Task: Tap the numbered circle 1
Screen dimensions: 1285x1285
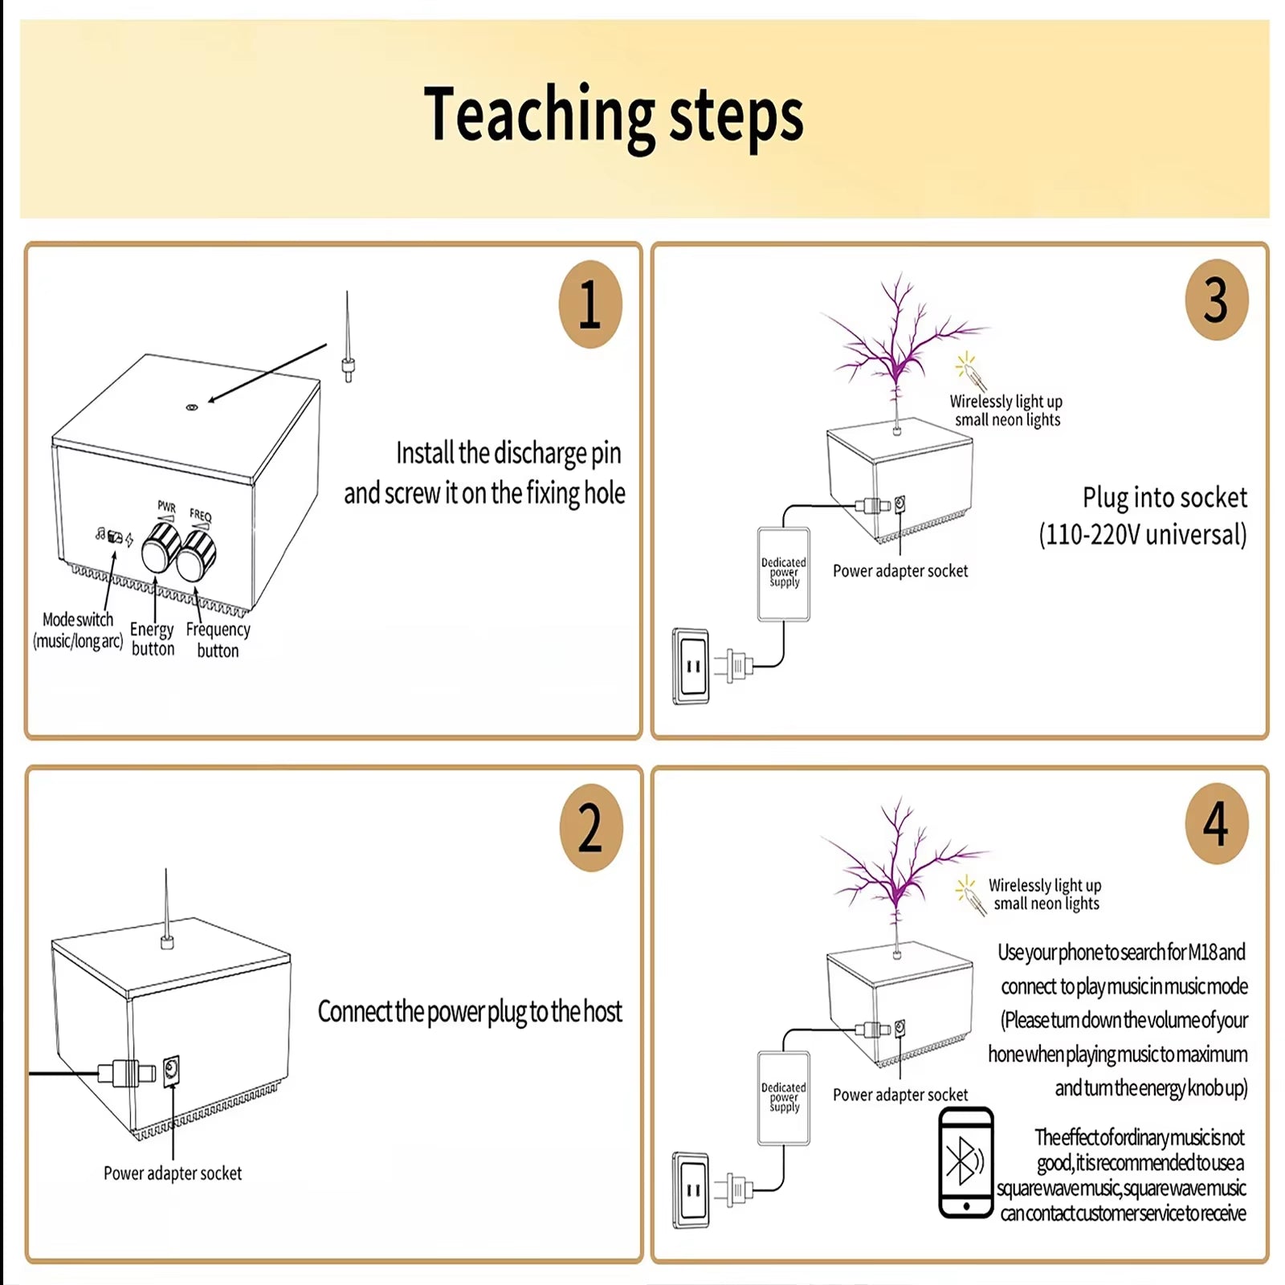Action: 590,304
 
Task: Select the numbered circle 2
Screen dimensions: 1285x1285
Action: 590,828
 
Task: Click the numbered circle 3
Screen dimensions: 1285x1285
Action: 1216,300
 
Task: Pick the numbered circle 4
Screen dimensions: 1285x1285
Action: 1216,824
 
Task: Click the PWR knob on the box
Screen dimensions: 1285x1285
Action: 161,549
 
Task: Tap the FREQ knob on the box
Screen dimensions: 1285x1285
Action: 197,555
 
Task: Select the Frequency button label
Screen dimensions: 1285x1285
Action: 218,639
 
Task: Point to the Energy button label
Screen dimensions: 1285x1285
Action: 152,638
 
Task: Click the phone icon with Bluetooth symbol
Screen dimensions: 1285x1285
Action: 966,1162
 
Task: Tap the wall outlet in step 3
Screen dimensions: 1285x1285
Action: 691,666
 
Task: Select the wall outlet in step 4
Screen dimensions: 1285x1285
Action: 691,1190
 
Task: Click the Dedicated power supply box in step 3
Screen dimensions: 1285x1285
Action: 783,573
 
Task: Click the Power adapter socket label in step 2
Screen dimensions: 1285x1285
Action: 172,1173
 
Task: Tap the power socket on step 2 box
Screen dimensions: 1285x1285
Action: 171,1071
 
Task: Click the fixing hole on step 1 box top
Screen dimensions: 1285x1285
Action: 191,408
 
